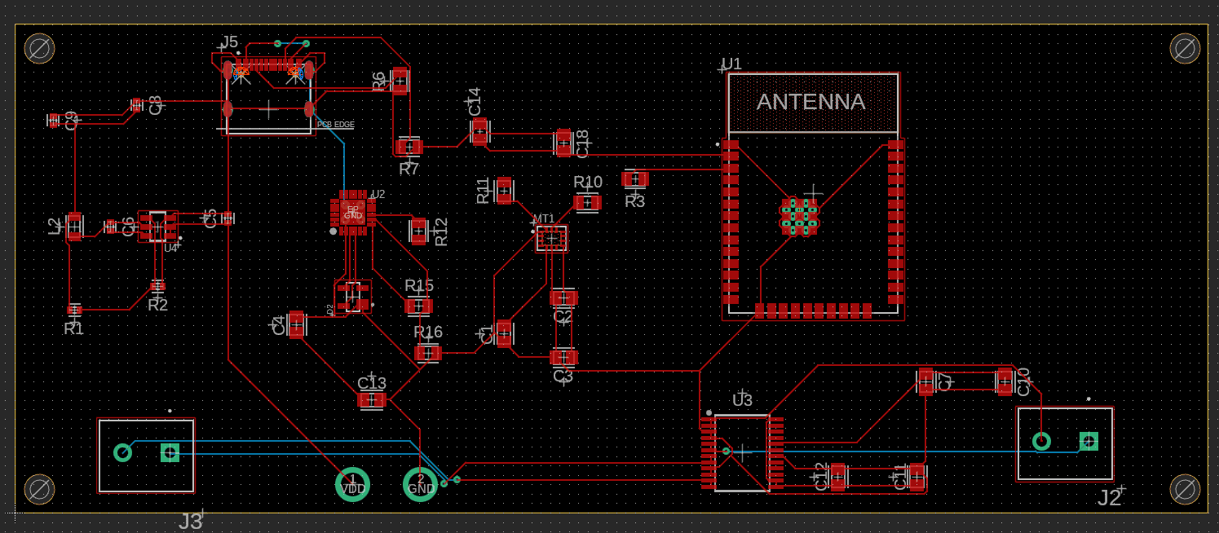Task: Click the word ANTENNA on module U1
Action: point(810,103)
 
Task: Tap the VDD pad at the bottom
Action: point(352,485)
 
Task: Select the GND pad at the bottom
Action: point(421,485)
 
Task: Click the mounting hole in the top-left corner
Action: point(39,49)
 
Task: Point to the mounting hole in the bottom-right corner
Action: point(1184,489)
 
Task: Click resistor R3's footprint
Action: point(634,178)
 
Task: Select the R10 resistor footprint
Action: point(587,202)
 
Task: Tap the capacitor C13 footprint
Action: point(372,400)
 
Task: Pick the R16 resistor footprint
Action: point(428,353)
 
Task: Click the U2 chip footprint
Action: point(352,212)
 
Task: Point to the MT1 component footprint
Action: point(551,239)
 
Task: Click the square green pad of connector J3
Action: point(170,452)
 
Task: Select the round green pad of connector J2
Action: point(1041,441)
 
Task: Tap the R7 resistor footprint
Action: point(409,147)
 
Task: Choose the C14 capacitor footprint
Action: point(479,131)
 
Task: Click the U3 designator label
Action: point(742,400)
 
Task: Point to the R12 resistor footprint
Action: point(419,231)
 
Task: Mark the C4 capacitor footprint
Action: point(297,324)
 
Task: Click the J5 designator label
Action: point(229,42)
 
